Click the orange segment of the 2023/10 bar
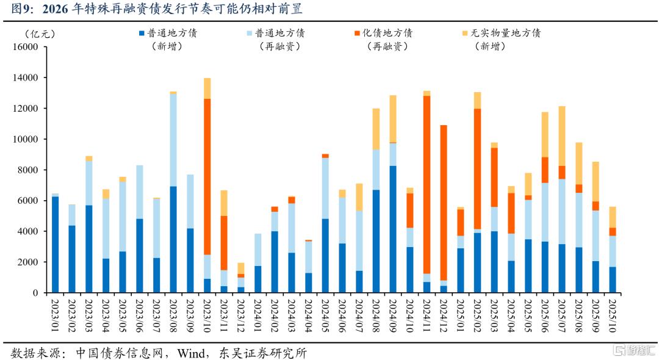coord(207,176)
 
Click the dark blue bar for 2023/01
coord(56,244)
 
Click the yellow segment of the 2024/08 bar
coord(376,129)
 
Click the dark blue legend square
coord(142,34)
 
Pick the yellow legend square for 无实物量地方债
coord(465,34)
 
